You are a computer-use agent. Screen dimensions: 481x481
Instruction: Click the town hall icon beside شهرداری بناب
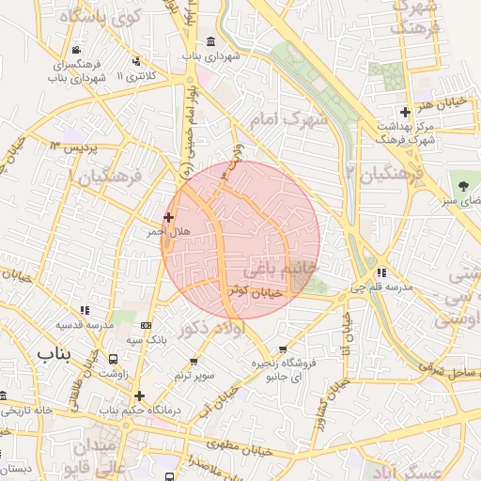[209, 43]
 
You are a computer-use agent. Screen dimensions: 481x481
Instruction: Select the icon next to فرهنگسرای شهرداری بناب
[75, 51]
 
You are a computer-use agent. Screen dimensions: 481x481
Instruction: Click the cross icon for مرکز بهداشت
[405, 112]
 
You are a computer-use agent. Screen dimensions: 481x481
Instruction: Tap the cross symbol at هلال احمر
[169, 217]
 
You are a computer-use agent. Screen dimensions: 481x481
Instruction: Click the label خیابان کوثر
[256, 292]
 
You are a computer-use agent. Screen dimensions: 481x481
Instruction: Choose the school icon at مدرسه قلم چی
[380, 272]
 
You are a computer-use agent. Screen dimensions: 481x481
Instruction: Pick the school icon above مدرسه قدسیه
[85, 309]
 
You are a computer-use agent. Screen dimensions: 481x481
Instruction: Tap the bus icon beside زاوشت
[114, 359]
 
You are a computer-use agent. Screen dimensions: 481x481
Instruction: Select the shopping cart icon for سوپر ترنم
[194, 362]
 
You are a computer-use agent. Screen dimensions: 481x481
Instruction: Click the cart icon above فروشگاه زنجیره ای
[283, 349]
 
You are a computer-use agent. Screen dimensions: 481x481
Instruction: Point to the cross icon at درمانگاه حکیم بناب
[140, 396]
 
